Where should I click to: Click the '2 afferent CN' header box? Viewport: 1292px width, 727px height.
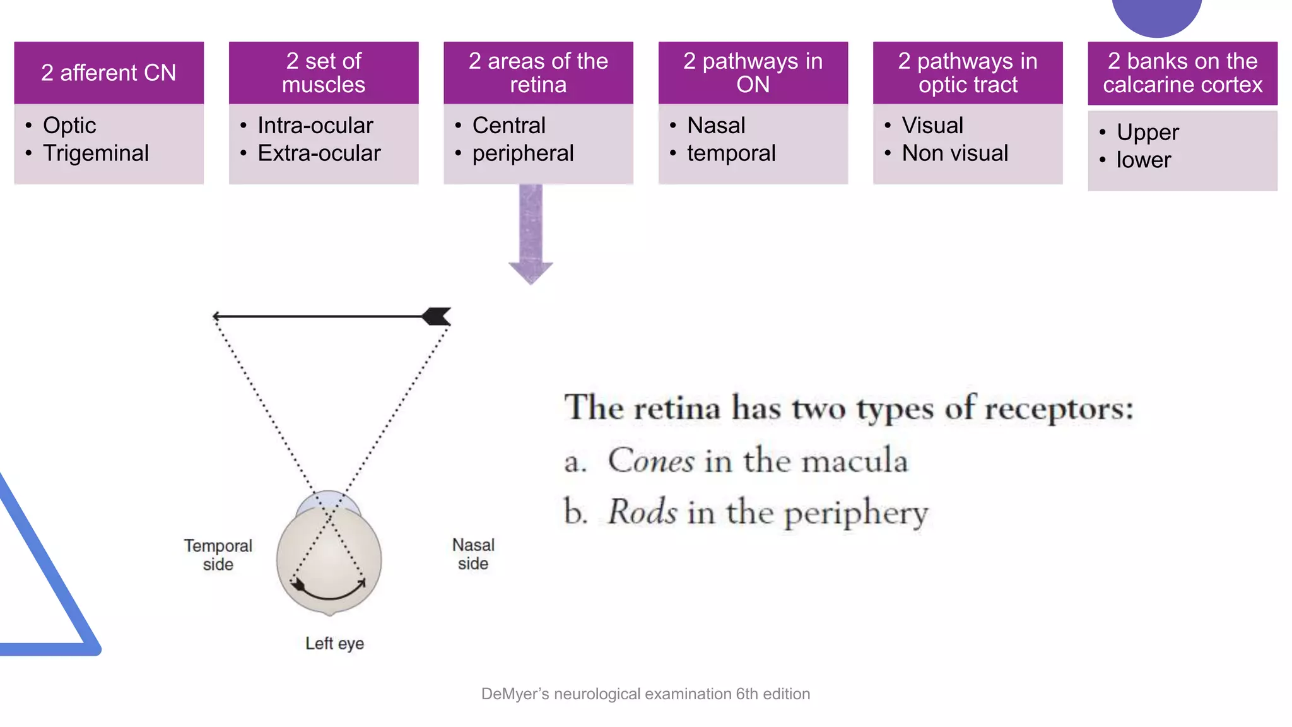[109, 73]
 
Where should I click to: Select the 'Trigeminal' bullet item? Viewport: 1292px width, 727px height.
[96, 153]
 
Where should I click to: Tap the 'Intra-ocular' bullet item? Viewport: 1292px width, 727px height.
[315, 126]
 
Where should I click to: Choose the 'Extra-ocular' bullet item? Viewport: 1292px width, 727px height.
[319, 153]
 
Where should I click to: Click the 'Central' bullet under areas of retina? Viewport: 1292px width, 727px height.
[508, 126]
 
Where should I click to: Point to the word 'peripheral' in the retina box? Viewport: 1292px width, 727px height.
[522, 153]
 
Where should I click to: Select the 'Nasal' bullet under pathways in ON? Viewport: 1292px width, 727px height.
[716, 126]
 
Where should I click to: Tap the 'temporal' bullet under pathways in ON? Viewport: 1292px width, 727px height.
[731, 153]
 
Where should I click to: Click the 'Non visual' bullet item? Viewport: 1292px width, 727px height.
[954, 153]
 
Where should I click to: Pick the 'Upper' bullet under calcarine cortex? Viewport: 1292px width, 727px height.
[1147, 133]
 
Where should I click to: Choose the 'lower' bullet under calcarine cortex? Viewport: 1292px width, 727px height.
[1143, 160]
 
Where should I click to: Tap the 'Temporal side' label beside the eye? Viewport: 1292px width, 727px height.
[218, 555]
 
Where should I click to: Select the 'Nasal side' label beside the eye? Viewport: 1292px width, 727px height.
[473, 554]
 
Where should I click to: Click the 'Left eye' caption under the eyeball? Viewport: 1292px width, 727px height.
[334, 644]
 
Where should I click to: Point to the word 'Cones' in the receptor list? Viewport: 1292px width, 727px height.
[651, 460]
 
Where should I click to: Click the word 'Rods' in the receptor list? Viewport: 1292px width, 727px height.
[642, 512]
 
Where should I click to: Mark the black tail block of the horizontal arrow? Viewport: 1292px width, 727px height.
[437, 316]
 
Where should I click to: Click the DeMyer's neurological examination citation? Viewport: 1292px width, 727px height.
[645, 694]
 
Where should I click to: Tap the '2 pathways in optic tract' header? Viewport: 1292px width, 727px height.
[968, 73]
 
